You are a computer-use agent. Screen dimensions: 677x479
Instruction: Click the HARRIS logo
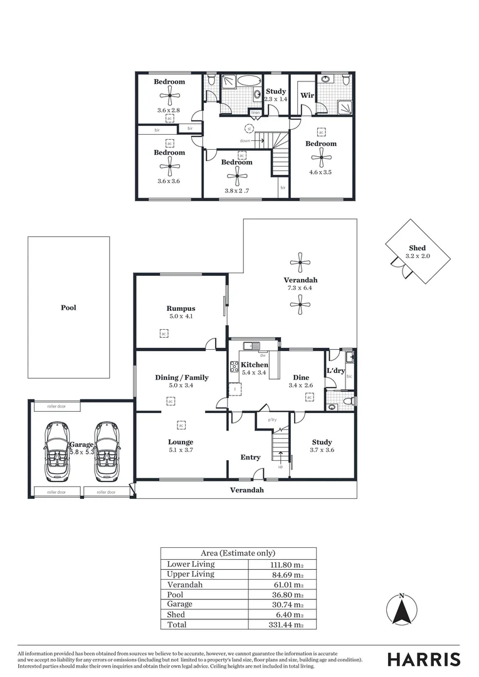pos(424,659)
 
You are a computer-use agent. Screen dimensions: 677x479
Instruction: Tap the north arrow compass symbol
pos(402,611)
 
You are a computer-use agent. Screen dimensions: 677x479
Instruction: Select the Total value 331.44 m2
pos(285,625)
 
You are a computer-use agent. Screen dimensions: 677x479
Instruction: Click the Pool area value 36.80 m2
pos(285,594)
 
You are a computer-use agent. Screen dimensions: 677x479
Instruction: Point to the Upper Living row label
pos(191,574)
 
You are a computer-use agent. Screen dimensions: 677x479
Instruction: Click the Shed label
pos(417,248)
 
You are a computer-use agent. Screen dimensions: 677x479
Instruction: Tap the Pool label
pos(68,308)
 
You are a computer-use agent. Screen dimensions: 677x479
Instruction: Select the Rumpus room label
pos(181,308)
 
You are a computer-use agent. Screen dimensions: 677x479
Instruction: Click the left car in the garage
pos(57,451)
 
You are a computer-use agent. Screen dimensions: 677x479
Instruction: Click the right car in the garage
pos(107,451)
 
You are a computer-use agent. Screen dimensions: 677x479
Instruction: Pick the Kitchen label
pos(255,365)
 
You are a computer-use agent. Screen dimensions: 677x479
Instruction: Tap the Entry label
pos(250,458)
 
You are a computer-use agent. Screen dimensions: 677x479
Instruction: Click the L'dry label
pos(335,371)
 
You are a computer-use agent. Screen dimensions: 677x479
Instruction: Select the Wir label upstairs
pos(307,95)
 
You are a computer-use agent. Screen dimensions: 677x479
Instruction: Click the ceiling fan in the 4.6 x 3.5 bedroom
pos(321,157)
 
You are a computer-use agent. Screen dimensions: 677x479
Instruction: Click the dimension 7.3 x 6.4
pos(300,288)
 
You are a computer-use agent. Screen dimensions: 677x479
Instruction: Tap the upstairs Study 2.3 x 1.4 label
pos(275,95)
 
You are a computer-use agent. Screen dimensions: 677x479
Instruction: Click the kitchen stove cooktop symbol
pos(234,367)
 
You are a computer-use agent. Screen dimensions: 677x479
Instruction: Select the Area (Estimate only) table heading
pos(238,554)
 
